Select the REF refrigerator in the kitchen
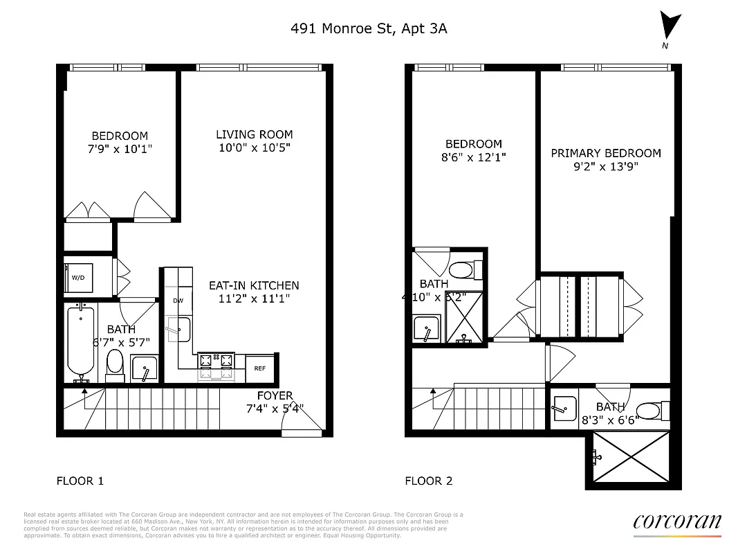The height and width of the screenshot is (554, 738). point(260,368)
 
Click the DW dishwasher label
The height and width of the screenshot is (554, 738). point(178,301)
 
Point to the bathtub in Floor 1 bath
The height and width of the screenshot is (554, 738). point(80,341)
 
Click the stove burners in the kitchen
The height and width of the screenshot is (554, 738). point(216,360)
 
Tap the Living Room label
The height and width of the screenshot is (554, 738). point(254,134)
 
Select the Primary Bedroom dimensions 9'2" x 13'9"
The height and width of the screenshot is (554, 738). point(605,166)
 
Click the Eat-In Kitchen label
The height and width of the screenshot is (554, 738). point(254,285)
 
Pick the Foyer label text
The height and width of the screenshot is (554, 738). point(275,395)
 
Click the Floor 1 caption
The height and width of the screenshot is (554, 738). point(80,481)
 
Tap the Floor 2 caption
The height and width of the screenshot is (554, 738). point(428,481)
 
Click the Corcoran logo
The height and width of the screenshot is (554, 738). point(676,522)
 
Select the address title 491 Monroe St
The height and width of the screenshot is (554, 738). point(373,28)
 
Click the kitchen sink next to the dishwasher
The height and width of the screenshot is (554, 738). point(178,328)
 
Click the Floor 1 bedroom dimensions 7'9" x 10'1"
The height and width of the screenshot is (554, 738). point(120,149)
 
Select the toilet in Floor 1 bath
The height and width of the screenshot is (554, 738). point(115,364)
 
